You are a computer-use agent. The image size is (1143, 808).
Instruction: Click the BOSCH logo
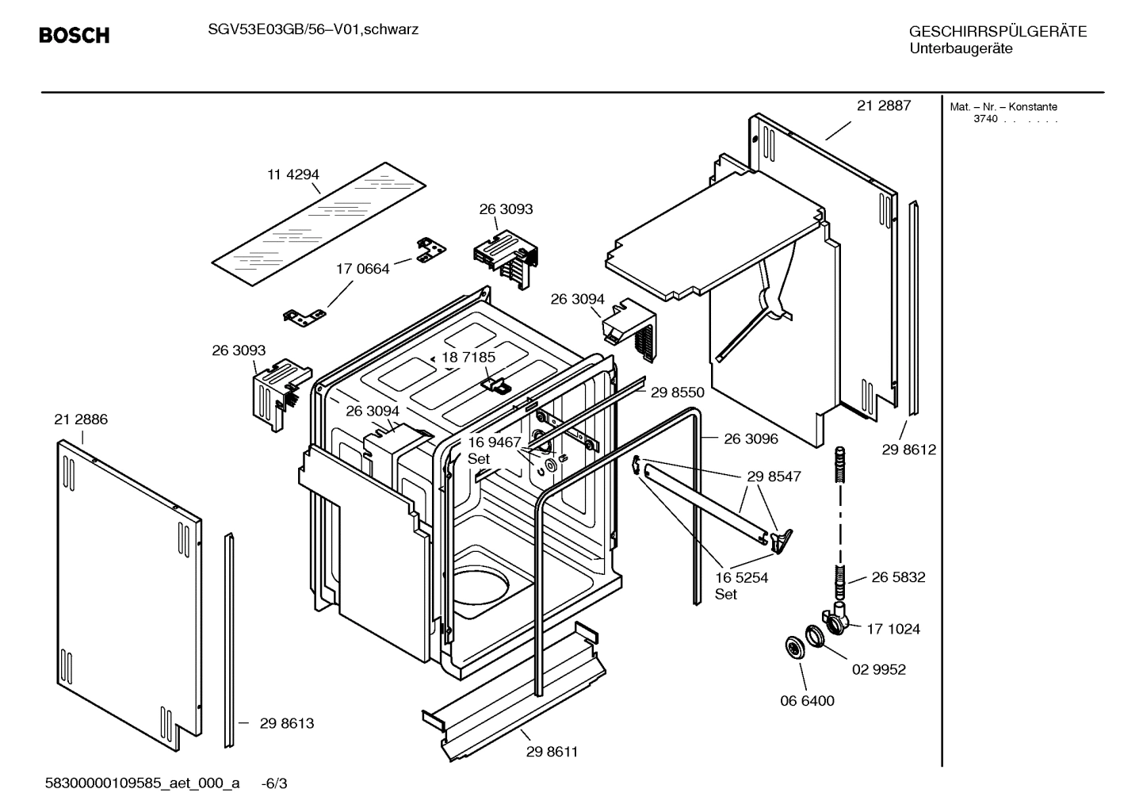coord(75,36)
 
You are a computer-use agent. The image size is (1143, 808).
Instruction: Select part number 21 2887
coord(884,105)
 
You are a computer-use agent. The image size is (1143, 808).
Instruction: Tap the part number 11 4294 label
coord(292,174)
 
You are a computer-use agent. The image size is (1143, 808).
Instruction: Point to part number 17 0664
coord(363,269)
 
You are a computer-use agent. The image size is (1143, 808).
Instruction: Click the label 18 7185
coord(468,358)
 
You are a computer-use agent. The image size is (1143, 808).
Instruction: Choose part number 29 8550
coord(677,392)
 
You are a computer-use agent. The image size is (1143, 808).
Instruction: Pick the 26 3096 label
coord(751,438)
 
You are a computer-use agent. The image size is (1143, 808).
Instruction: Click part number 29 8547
coord(774,477)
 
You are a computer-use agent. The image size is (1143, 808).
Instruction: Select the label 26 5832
coord(898,577)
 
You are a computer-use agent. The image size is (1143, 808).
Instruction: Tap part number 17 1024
coord(893,629)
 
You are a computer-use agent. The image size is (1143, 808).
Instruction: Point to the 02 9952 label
coord(878,669)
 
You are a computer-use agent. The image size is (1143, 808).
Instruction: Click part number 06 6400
coord(807,701)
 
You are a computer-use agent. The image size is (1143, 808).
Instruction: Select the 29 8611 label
coord(552,752)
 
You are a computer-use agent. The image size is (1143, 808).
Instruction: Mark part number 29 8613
coord(287,723)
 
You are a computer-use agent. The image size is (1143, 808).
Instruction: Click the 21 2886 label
coord(81,419)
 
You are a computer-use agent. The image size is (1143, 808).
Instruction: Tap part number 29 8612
coord(908,450)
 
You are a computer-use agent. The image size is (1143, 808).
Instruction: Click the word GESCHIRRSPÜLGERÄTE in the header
coord(997,32)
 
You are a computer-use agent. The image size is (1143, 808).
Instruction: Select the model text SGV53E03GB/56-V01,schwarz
coord(308,30)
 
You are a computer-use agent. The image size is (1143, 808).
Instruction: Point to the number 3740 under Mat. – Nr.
coord(985,119)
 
